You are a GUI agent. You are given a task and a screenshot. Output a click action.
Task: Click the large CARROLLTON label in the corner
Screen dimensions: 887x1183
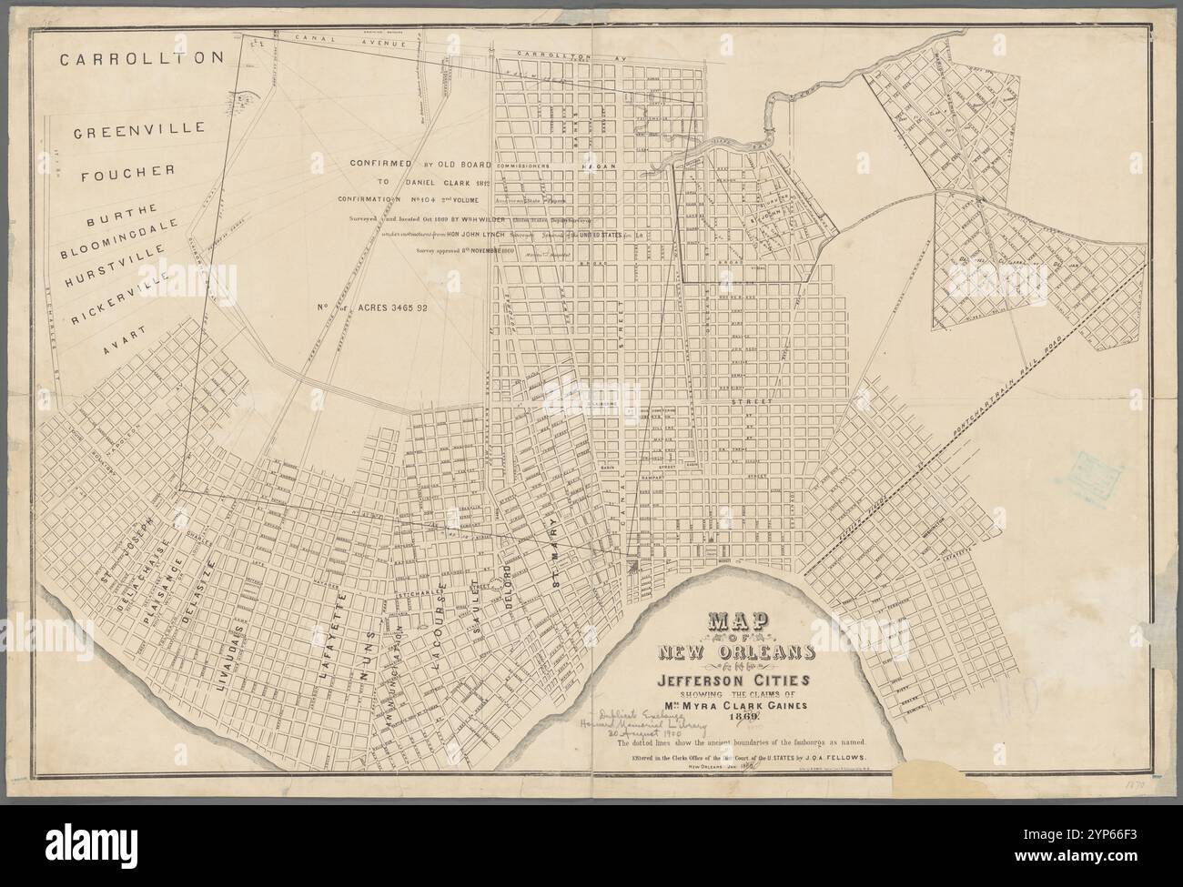141,59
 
